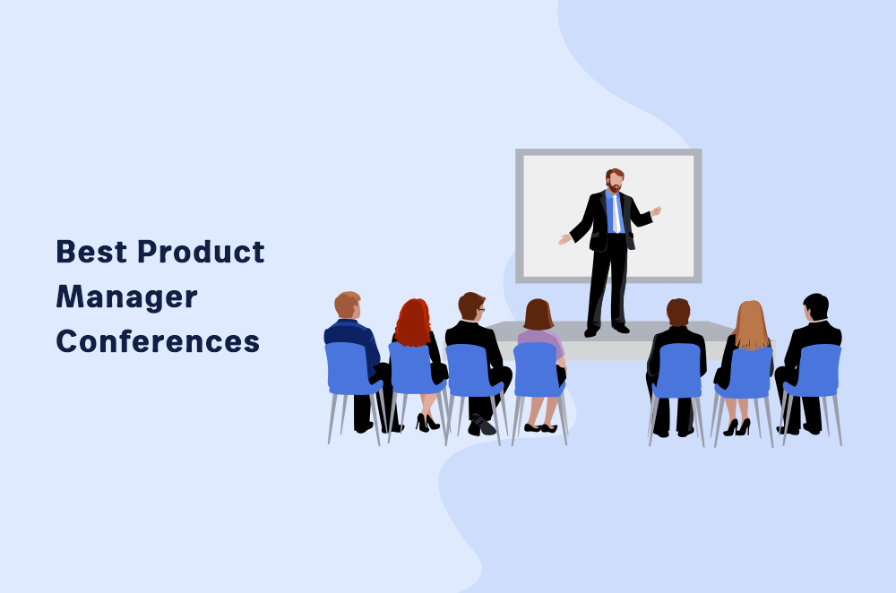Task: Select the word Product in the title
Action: [201, 252]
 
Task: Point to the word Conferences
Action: [158, 341]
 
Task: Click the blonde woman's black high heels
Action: [737, 427]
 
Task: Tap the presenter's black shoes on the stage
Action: [605, 330]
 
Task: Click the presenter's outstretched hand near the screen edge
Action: [564, 239]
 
